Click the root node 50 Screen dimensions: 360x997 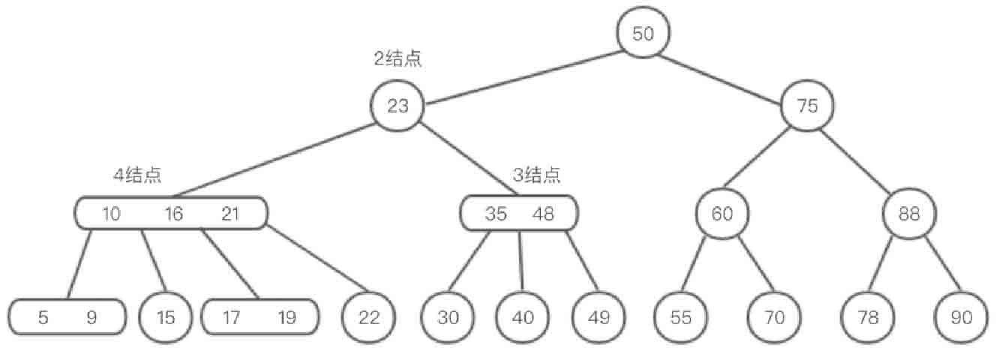coord(643,34)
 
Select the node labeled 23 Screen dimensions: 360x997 coord(398,106)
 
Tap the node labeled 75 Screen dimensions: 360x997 coord(807,106)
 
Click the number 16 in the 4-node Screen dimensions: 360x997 coord(173,214)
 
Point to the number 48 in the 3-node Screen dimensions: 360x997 coord(543,214)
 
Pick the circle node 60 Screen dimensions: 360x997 coord(722,214)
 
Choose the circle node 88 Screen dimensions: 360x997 coord(908,214)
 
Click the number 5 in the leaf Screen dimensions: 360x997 coord(44,317)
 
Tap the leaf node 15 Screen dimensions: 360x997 coord(166,317)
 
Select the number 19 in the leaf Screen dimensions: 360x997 coord(287,317)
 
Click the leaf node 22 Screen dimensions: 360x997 coord(368,317)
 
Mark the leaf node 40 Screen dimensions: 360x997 coord(523,317)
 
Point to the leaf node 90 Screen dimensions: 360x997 coord(961,317)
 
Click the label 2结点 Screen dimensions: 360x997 coord(398,59)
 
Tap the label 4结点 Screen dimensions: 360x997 coord(137,175)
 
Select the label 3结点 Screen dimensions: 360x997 coord(536,175)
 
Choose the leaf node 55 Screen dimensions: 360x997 coord(680,317)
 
